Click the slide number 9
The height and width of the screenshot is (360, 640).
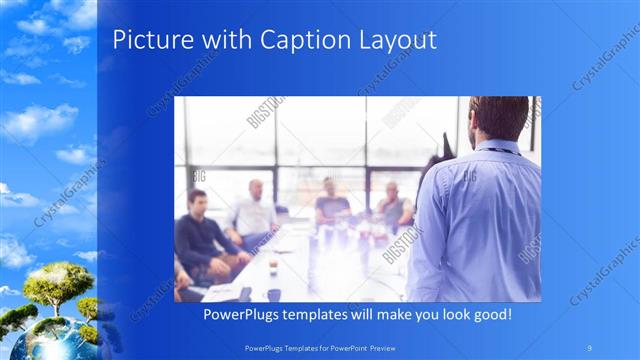590,347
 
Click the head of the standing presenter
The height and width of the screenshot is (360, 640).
495,117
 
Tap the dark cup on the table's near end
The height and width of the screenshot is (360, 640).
272,294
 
